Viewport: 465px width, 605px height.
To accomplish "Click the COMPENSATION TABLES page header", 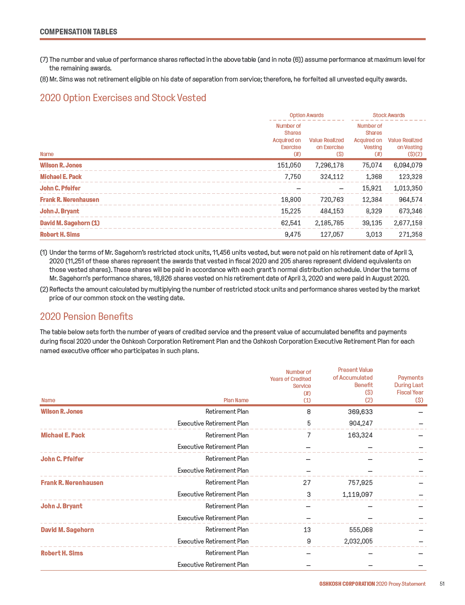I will tap(78, 32).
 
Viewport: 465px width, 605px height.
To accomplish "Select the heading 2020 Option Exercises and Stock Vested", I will tap(123, 98).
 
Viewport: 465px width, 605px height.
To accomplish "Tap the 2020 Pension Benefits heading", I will tap(86, 317).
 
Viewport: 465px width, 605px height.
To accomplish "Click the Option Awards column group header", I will tap(306, 116).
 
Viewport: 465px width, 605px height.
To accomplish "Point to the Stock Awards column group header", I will tap(388, 116).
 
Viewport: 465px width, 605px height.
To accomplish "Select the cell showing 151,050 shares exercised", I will tap(289, 165).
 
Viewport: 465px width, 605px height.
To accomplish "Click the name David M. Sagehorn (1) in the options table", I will tap(70, 223).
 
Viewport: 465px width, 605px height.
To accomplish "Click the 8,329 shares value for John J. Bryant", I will tap(373, 211).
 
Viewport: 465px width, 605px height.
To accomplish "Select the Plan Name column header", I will tap(236, 401).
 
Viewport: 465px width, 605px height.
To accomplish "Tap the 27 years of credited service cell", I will tap(306, 483).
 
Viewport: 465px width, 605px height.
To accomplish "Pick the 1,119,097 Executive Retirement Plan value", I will tap(357, 494).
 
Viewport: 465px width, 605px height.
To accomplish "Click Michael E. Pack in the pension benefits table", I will tap(63, 435).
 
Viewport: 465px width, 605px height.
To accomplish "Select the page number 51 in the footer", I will tap(442, 584).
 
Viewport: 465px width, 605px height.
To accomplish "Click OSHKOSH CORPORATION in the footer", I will tap(347, 584).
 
